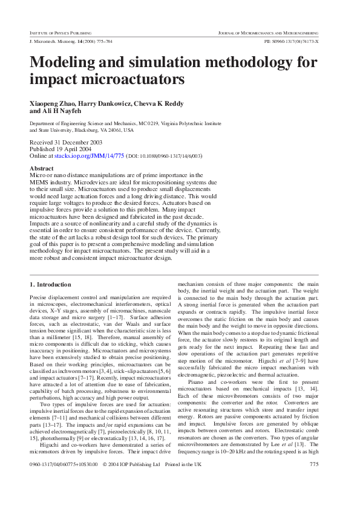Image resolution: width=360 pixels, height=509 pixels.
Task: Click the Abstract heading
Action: click(41, 169)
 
